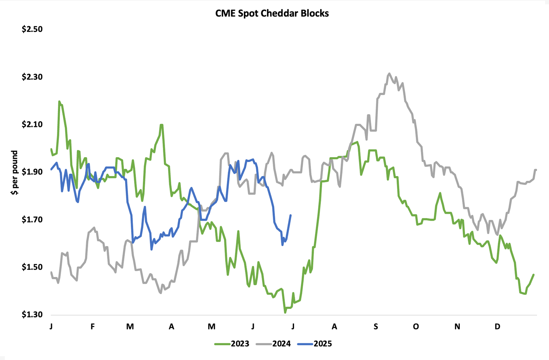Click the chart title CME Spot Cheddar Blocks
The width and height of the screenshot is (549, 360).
[x=272, y=13]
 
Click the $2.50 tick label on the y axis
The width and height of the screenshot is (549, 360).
[x=32, y=29]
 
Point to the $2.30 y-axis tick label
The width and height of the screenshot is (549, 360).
[x=32, y=77]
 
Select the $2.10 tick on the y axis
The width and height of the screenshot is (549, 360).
[x=32, y=124]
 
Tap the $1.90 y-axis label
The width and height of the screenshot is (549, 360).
[x=32, y=172]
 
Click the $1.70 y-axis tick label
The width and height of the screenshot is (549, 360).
[x=32, y=220]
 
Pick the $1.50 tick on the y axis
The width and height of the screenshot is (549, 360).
[x=32, y=267]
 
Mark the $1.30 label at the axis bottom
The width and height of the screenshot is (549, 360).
[x=32, y=314]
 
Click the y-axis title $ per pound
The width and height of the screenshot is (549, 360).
[x=14, y=173]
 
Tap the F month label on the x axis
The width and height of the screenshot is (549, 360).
[x=93, y=326]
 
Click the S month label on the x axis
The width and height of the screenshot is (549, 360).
[x=376, y=326]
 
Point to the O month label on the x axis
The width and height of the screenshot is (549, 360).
[x=416, y=326]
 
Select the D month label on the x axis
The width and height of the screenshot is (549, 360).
[x=498, y=326]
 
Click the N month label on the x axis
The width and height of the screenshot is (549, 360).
[x=457, y=326]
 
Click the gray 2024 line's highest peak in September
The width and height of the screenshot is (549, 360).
[x=389, y=73]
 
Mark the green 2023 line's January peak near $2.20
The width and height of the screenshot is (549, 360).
[x=59, y=101]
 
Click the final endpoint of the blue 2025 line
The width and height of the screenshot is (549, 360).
[x=291, y=215]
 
